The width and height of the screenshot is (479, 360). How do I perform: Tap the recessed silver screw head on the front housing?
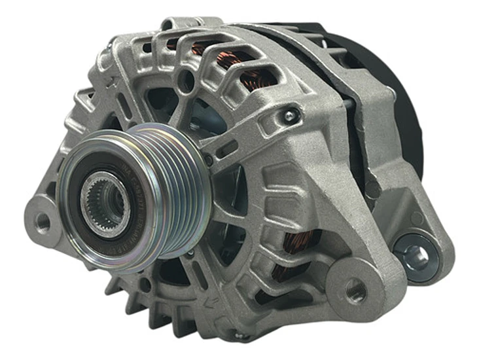[287, 117]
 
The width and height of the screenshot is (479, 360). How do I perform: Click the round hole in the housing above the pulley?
[185, 83]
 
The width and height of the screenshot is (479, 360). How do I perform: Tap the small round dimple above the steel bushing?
[416, 219]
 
